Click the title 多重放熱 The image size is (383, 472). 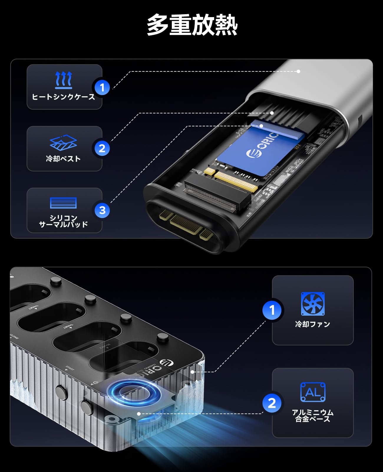192,26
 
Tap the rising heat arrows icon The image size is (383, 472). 64,80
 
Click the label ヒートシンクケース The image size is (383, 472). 64,97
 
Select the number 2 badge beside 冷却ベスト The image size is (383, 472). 102,148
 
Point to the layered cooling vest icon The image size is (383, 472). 63,143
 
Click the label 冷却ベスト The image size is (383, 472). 63,159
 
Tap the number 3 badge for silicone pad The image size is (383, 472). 102,210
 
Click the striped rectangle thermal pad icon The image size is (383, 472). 63,203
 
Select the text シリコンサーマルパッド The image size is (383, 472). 63,221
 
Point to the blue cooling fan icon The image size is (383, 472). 313,304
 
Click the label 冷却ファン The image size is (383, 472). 313,324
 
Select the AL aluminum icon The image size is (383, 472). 313,392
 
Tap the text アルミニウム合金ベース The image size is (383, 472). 313,415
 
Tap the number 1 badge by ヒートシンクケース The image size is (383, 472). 102,87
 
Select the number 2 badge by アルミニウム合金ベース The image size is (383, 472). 272,403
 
